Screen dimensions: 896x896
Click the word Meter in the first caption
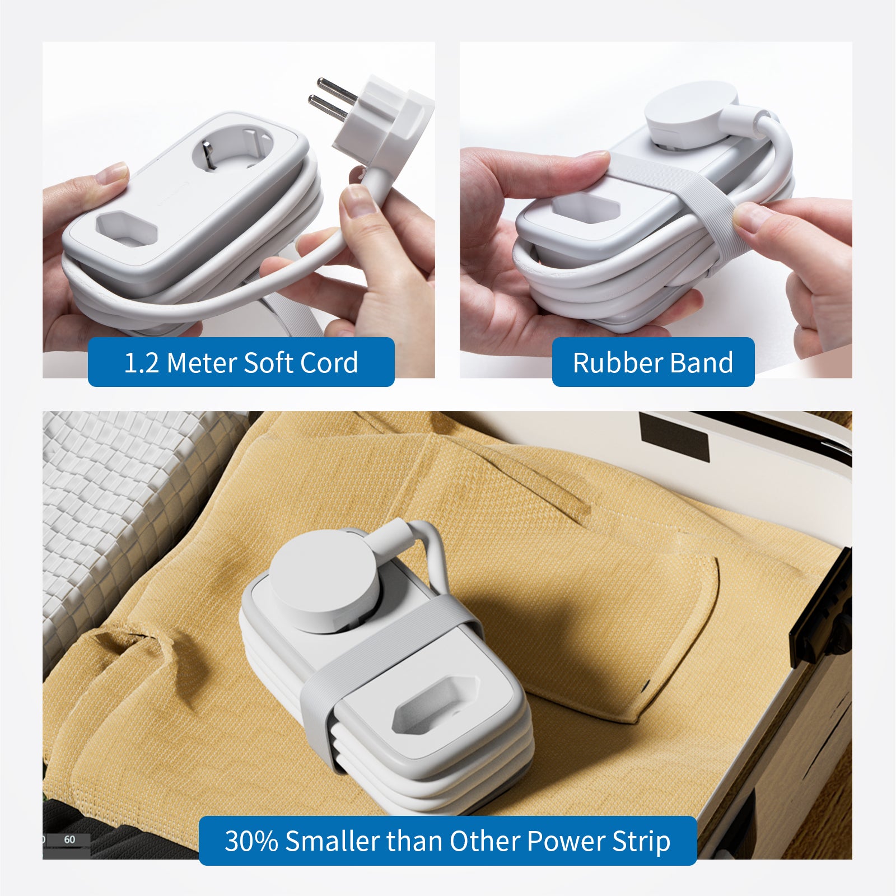(202, 362)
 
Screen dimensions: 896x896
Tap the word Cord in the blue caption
(329, 362)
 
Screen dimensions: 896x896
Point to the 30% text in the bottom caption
(251, 841)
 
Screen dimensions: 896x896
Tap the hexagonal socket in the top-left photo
(126, 228)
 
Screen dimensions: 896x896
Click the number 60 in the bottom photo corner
(69, 839)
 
